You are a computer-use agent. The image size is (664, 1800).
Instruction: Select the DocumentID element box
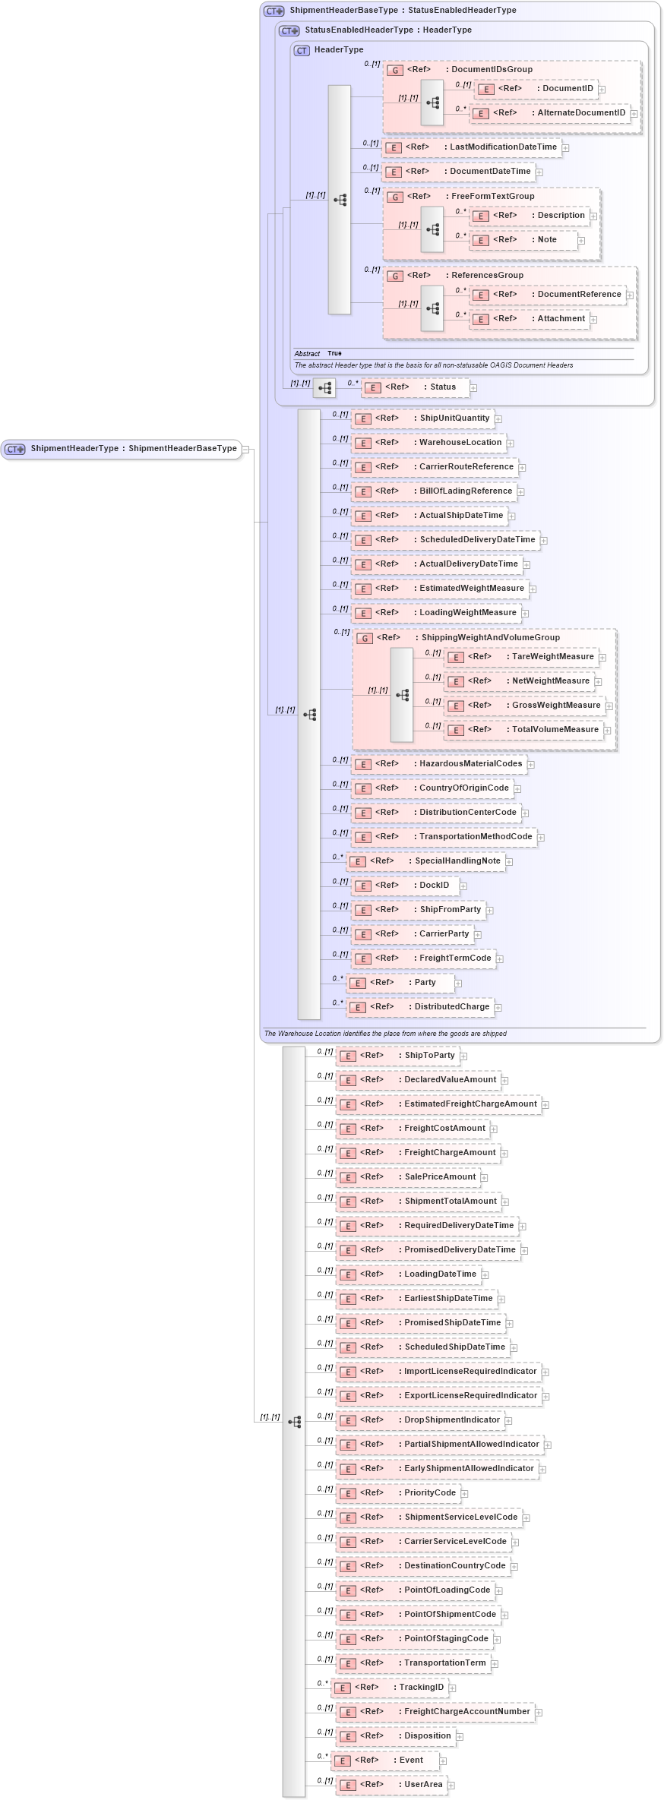[536, 89]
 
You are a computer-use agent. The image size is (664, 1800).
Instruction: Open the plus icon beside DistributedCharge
[498, 1008]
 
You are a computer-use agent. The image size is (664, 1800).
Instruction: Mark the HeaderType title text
[339, 50]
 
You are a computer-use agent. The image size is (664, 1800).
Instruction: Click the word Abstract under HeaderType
[307, 354]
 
